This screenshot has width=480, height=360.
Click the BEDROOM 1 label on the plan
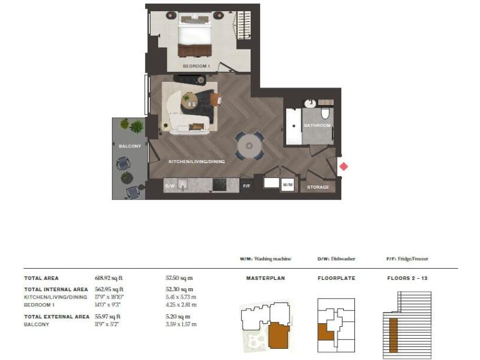196,66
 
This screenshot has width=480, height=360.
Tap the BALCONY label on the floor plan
129,146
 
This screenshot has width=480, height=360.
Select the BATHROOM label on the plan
317,126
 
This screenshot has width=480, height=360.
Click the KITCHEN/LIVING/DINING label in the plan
197,161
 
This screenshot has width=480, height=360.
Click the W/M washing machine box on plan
287,185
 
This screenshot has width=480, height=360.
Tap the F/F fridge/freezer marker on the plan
247,186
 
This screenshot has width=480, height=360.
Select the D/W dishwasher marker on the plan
169,186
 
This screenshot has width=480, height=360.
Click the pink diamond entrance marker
343,166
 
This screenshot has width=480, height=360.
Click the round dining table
249,146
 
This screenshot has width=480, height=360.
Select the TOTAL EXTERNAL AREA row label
56,317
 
